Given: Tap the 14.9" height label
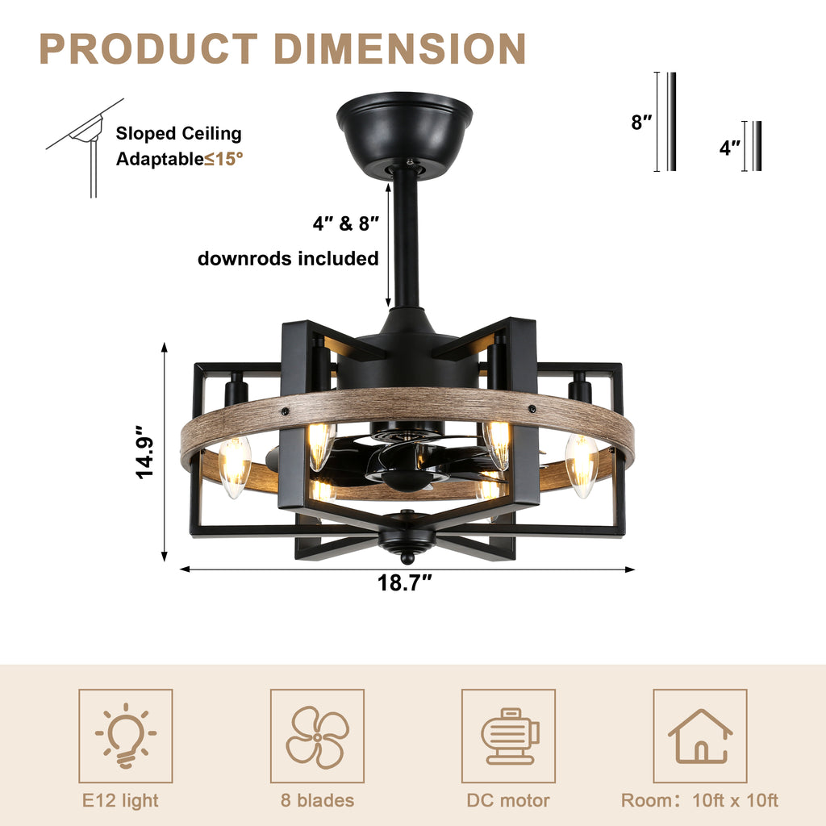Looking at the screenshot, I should [x=144, y=453].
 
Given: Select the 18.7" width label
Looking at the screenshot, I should [x=406, y=583].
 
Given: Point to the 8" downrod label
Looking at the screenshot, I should [x=641, y=123].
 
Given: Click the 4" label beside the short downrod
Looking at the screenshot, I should [x=730, y=148].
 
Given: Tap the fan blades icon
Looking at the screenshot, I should [x=317, y=736].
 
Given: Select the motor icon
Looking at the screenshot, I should [x=508, y=736].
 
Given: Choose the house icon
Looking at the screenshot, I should [x=699, y=736].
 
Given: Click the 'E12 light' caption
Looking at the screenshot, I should [x=121, y=800].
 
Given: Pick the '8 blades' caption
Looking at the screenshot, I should [x=317, y=800].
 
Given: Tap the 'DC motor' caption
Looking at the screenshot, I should [x=508, y=800].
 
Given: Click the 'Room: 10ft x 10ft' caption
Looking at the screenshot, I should [x=699, y=800].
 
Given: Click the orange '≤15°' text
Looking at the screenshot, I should [x=223, y=159].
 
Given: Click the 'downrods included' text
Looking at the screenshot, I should [x=288, y=258].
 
